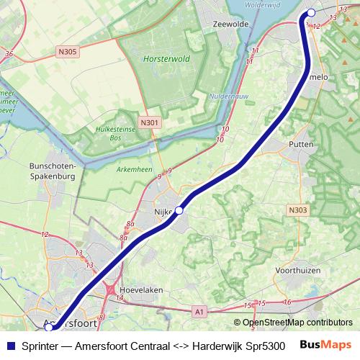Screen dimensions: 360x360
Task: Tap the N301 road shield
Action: click(x=150, y=123)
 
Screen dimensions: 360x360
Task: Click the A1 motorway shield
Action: click(x=199, y=312)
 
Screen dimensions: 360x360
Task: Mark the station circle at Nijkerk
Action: click(x=179, y=210)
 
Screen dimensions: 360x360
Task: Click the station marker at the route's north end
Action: click(x=311, y=12)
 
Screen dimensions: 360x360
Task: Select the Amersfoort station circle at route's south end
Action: click(x=49, y=328)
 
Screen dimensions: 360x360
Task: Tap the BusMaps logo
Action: click(x=325, y=344)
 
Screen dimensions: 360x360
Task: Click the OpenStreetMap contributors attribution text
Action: click(x=297, y=323)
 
